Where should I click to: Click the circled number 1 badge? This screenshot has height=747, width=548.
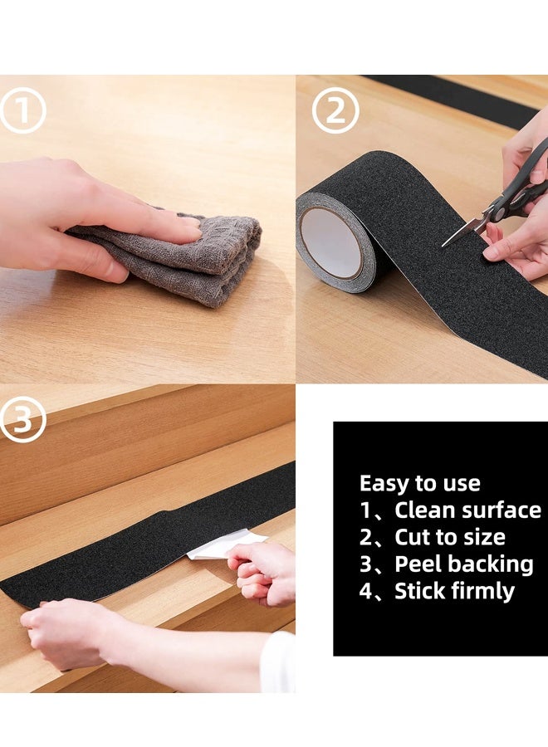(23, 110)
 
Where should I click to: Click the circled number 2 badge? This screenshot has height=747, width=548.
(335, 110)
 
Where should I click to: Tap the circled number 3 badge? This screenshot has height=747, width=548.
(22, 419)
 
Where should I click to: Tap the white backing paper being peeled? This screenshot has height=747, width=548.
(218, 545)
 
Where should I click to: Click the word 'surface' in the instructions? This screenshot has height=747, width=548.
(502, 510)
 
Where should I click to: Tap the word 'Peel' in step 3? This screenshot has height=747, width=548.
(418, 564)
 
